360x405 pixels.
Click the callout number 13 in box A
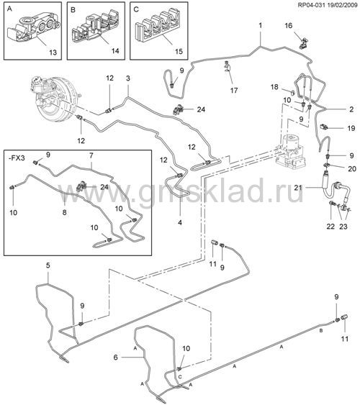[53, 53]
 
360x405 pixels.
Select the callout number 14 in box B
[115, 50]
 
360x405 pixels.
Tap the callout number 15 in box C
[179, 51]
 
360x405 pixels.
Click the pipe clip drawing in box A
[33, 29]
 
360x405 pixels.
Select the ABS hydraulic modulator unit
[291, 150]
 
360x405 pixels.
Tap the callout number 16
[289, 26]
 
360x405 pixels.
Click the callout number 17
[234, 90]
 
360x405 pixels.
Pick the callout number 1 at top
[261, 25]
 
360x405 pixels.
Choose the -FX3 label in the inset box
[17, 158]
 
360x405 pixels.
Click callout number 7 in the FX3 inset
[91, 155]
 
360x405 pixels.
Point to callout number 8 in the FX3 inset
[64, 212]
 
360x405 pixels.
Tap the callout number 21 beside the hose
[298, 187]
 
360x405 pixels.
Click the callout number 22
[330, 227]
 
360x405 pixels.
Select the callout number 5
[48, 265]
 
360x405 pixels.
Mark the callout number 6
[115, 358]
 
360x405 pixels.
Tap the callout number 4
[180, 222]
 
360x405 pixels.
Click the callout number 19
[351, 128]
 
